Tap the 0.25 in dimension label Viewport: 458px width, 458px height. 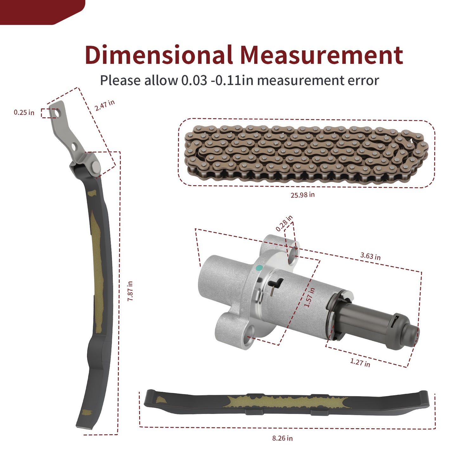click(24, 113)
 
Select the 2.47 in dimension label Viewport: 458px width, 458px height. click(105, 105)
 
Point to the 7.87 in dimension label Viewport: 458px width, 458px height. click(130, 291)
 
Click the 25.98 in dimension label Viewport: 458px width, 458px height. click(303, 195)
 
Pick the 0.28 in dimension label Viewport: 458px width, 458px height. click(284, 223)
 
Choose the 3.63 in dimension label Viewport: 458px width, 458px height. click(370, 256)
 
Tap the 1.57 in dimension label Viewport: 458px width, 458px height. click(310, 297)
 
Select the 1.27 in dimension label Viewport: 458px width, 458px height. click(360, 363)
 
